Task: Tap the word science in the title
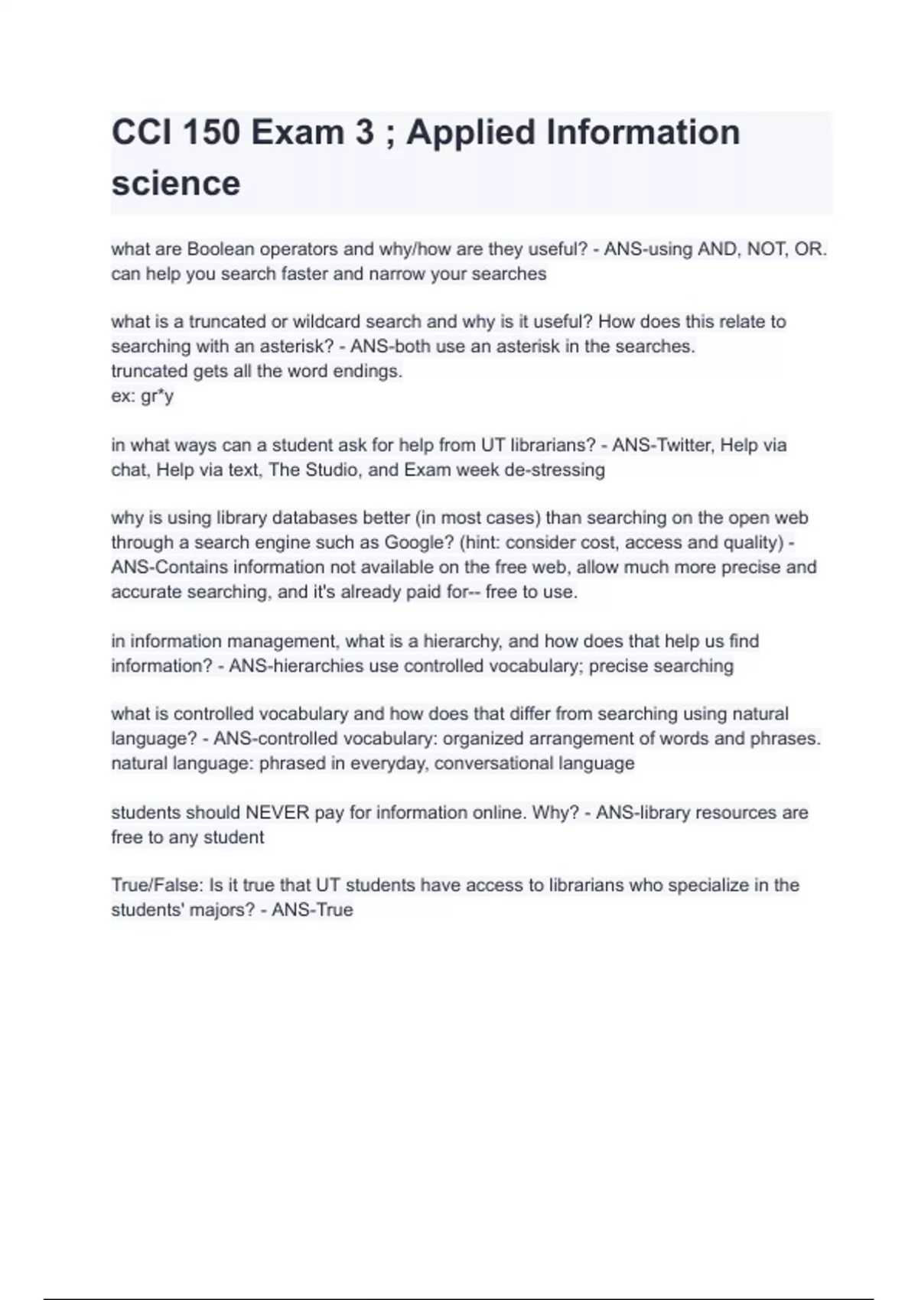(176, 184)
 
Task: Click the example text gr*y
(158, 396)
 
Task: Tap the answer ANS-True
(312, 910)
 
